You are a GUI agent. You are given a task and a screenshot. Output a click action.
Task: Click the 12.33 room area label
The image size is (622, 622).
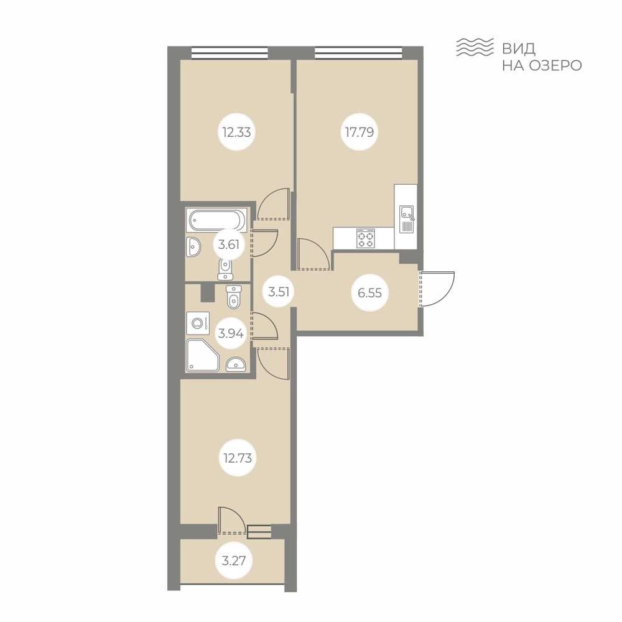[x=236, y=132]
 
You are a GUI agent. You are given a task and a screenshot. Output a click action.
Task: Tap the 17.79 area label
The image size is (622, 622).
[x=360, y=132]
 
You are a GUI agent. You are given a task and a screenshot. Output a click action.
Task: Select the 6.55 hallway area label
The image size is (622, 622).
[x=369, y=293]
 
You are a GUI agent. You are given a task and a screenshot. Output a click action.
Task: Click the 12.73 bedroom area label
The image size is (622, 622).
[x=238, y=458]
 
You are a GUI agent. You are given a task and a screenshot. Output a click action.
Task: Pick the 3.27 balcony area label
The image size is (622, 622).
[x=234, y=561]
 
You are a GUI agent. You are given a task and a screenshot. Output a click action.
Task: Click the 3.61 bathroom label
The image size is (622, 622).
[x=229, y=244]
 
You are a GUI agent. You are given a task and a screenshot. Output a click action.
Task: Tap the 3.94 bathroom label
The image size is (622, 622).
[x=231, y=333]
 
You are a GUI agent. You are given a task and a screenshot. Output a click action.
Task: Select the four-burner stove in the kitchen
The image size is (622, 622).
[x=365, y=238]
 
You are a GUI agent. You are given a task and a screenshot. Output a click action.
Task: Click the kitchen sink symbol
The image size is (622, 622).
[x=407, y=219]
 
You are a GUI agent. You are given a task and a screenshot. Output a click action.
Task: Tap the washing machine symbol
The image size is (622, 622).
[x=198, y=323]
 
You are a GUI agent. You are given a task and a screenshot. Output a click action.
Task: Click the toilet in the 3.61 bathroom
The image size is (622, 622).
[x=225, y=268]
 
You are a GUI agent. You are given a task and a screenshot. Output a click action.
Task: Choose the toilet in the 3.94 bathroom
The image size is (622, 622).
[x=233, y=297]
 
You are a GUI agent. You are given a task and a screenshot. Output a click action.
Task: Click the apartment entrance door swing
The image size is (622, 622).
[x=437, y=289]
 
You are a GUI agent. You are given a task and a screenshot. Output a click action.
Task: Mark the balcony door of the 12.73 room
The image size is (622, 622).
[x=231, y=521]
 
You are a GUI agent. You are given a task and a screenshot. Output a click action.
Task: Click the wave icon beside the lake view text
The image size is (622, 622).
[x=475, y=47]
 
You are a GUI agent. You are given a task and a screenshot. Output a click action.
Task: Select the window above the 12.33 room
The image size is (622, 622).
[x=230, y=52]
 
